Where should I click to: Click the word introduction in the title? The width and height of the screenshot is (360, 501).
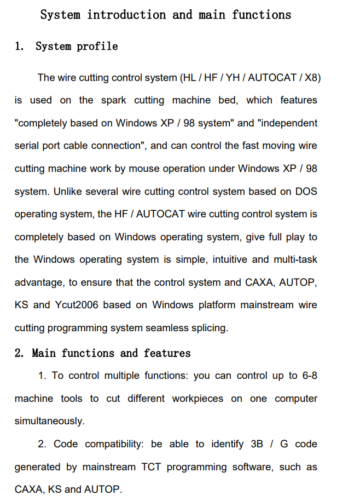click(x=126, y=15)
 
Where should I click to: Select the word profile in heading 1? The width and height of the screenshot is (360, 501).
click(x=97, y=47)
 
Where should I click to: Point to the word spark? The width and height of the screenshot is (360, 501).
click(x=114, y=101)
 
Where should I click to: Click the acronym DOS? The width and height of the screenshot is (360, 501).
click(x=306, y=192)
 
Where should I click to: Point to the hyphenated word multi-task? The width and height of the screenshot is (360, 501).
click(x=295, y=259)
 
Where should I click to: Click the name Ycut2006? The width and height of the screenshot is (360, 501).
click(x=77, y=305)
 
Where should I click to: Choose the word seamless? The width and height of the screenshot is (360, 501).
click(x=167, y=328)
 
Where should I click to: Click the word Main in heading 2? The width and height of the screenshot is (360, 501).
click(x=44, y=353)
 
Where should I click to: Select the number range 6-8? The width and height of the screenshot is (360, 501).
click(x=310, y=376)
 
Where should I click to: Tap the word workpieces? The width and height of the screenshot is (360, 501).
click(x=198, y=399)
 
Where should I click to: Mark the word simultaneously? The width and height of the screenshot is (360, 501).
click(x=49, y=421)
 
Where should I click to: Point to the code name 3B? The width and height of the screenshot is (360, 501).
click(x=257, y=444)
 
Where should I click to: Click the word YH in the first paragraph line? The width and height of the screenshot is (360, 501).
click(x=233, y=78)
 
